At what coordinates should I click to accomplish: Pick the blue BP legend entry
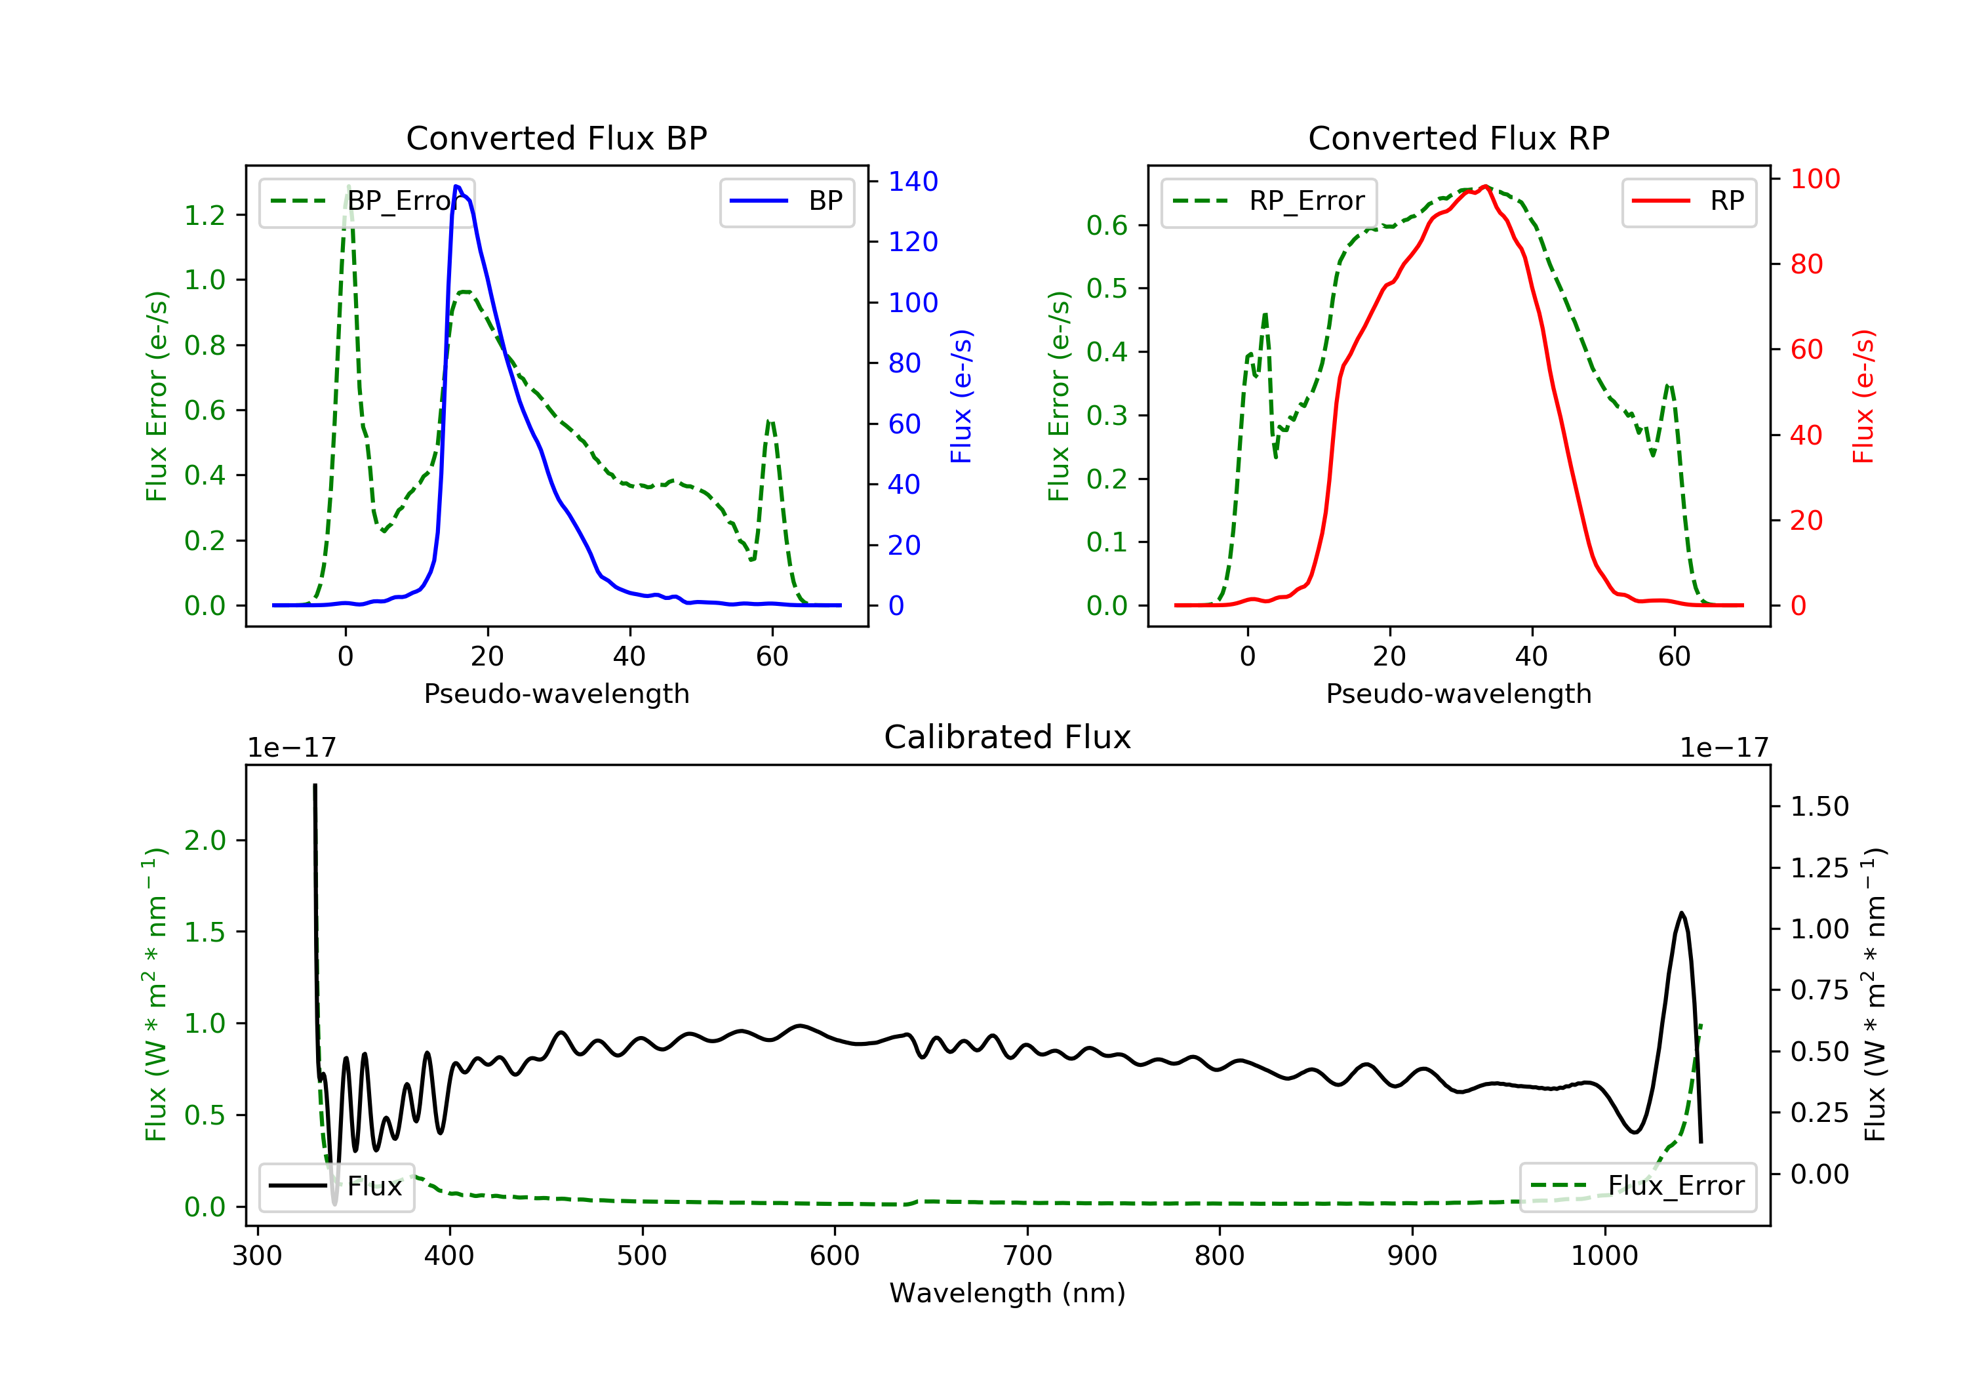(x=786, y=201)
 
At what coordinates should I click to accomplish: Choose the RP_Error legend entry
(x=1269, y=201)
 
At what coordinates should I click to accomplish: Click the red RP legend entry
(x=1688, y=201)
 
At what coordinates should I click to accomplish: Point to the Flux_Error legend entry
(x=1637, y=1186)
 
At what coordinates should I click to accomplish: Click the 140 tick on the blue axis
(x=913, y=182)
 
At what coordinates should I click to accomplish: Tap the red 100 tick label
(x=1814, y=179)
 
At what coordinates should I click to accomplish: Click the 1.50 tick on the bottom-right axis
(x=1819, y=807)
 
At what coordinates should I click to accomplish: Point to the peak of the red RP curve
(x=1486, y=186)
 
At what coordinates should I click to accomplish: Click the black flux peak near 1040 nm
(x=1681, y=913)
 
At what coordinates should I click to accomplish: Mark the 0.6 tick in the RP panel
(x=1107, y=226)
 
